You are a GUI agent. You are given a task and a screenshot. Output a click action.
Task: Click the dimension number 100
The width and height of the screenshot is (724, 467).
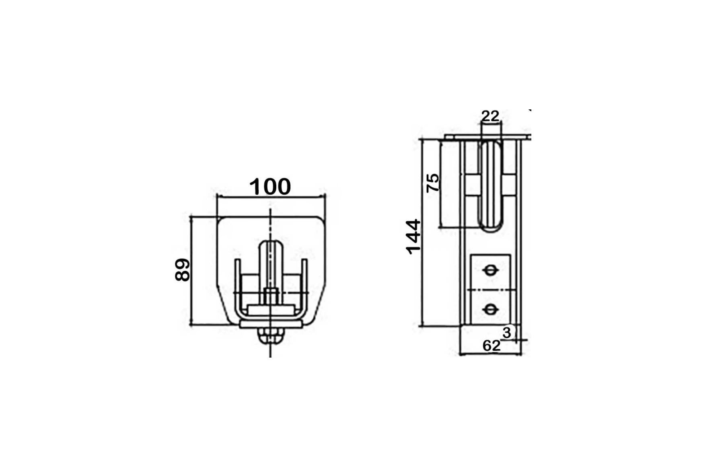click(x=270, y=187)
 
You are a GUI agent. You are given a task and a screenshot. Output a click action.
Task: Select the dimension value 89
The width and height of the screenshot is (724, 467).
click(x=183, y=270)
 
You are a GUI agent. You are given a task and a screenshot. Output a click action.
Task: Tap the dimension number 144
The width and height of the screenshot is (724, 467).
click(x=413, y=237)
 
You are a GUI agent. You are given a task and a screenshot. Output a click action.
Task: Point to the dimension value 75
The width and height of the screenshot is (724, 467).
click(x=433, y=183)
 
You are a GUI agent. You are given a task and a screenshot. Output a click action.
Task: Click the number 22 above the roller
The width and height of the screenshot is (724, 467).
click(x=490, y=116)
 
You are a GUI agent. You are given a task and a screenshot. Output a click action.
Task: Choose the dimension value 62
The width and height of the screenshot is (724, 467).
click(x=491, y=346)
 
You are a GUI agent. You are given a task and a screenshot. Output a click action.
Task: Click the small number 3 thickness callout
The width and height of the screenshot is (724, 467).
click(x=507, y=333)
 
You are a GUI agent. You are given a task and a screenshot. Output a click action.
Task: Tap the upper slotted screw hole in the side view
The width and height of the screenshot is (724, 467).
click(x=490, y=270)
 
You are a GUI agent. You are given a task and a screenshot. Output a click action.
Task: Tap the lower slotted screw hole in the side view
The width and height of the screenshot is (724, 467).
click(x=490, y=309)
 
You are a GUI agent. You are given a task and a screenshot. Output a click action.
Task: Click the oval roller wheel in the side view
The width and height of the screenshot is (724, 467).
click(x=491, y=185)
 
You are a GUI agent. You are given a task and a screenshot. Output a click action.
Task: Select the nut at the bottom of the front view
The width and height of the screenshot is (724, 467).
click(x=270, y=335)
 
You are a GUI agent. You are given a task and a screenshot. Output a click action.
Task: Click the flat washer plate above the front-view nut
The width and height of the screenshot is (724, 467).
click(x=270, y=324)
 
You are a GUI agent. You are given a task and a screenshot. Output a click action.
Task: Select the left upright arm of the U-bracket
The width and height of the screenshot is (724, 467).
click(x=237, y=286)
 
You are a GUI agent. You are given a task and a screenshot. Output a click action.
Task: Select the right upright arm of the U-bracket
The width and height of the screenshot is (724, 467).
click(x=304, y=286)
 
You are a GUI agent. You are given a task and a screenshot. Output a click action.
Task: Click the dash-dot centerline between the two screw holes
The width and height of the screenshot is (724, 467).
click(x=491, y=290)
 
